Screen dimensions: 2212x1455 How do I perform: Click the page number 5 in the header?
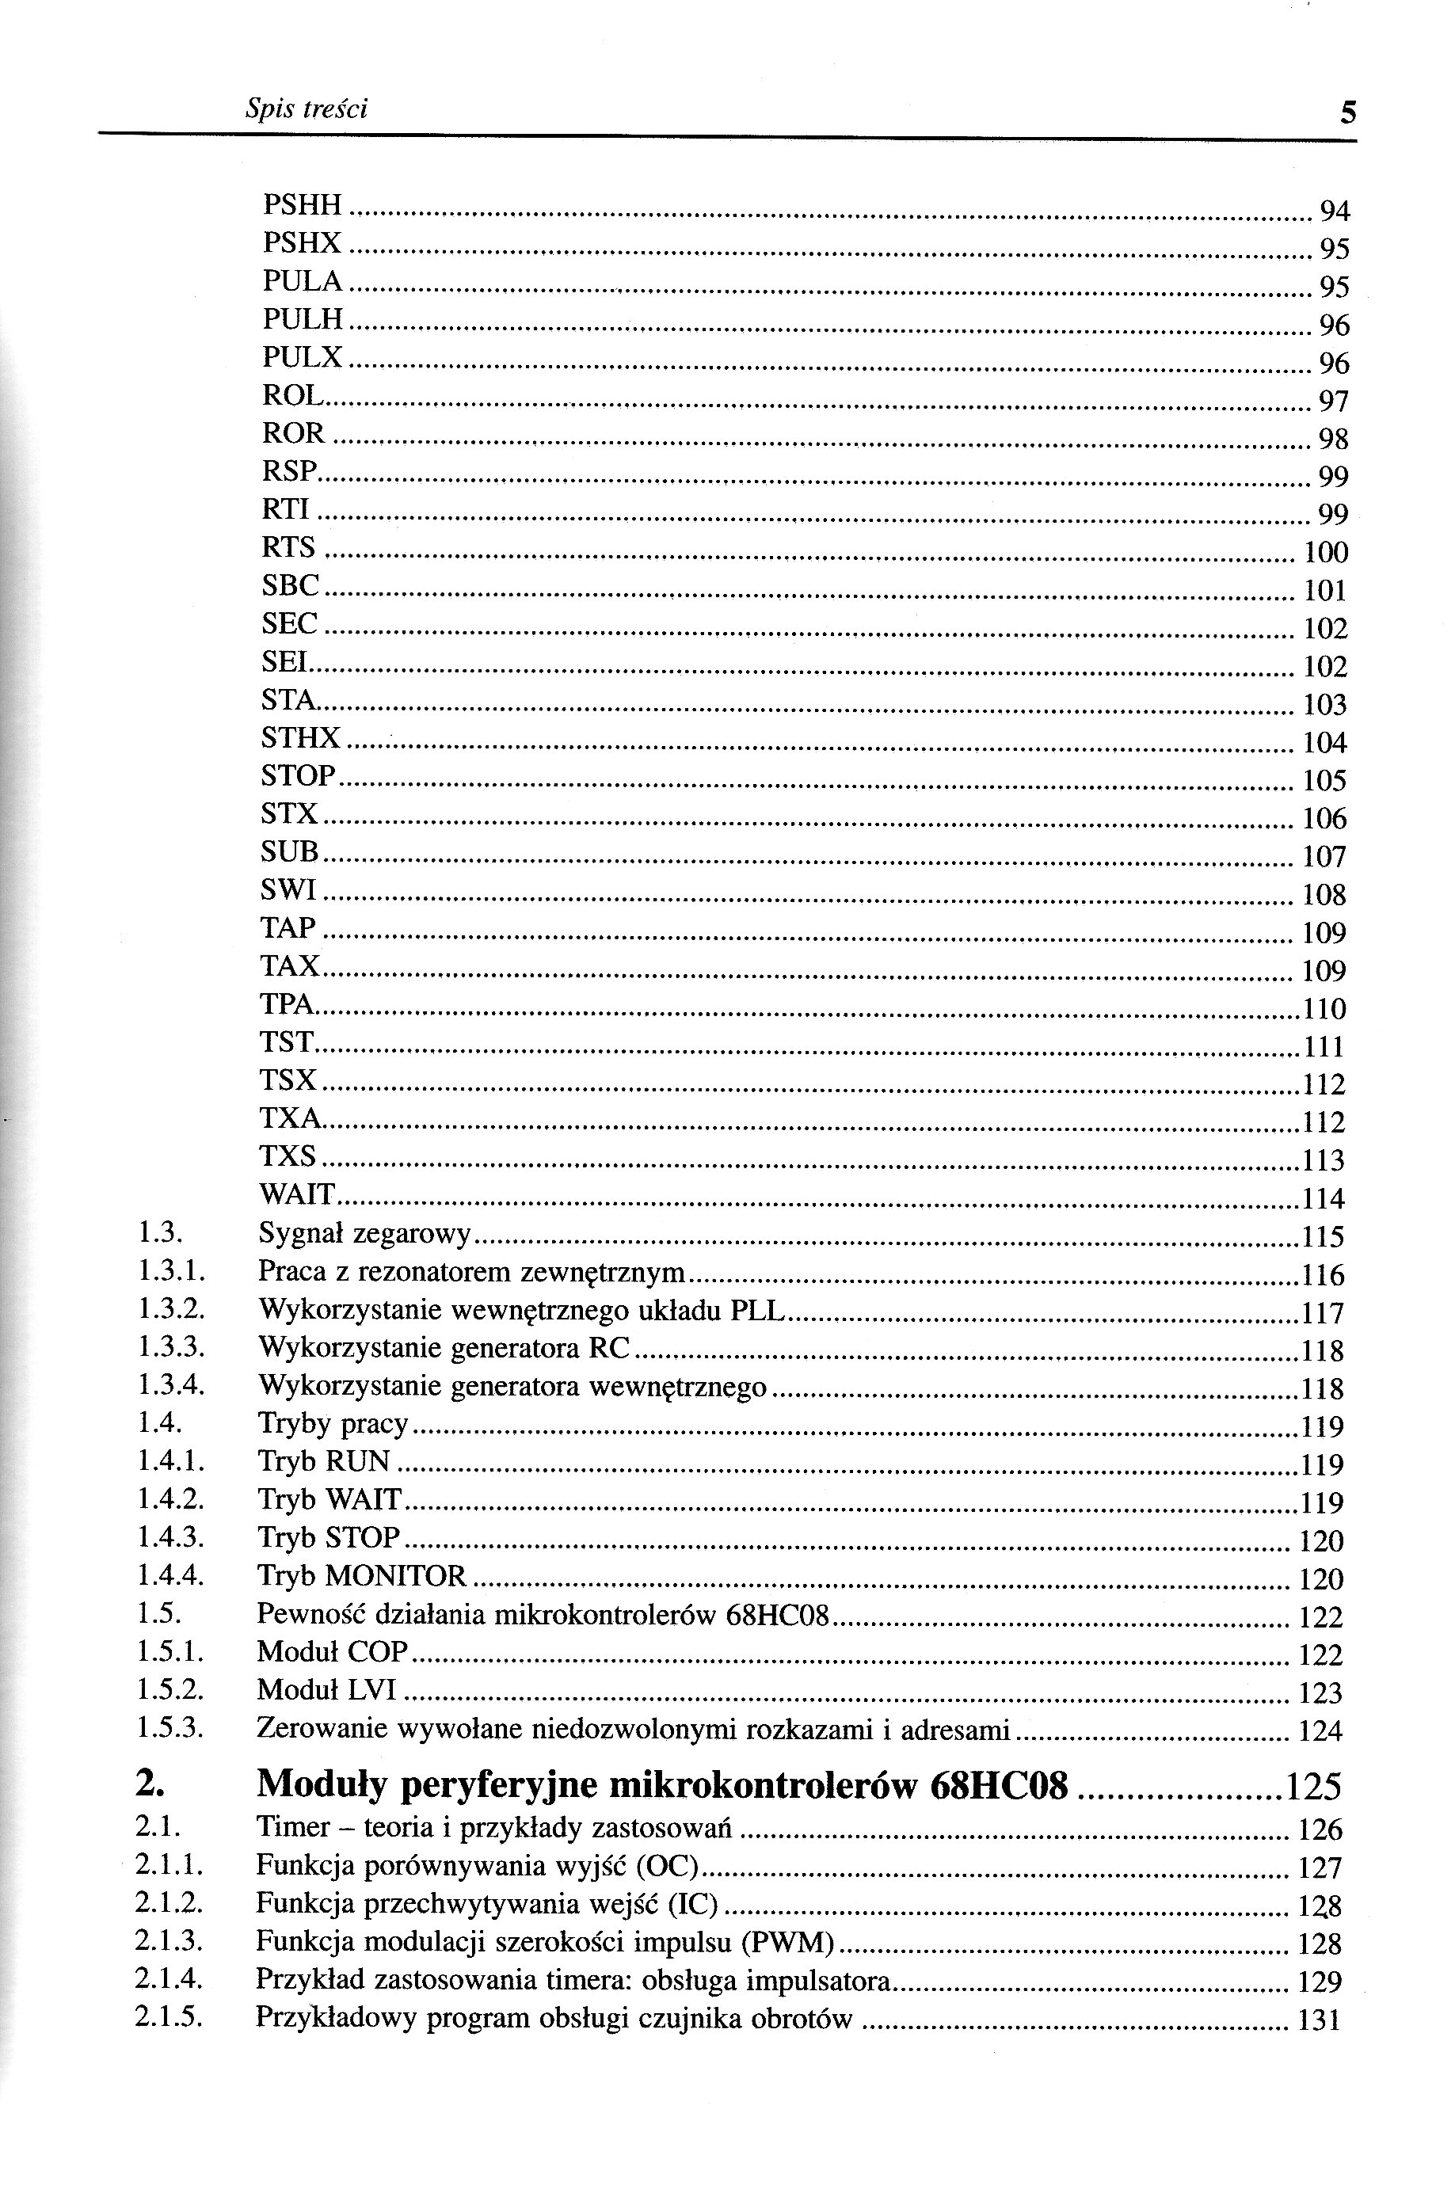1348,113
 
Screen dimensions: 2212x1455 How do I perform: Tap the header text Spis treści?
306,109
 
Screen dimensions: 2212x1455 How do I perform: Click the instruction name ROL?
292,396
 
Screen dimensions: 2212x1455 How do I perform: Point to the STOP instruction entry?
298,775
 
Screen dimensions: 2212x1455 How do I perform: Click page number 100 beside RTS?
1326,553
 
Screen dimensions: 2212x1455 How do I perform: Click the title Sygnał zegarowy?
364,1234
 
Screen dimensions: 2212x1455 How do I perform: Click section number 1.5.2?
169,1689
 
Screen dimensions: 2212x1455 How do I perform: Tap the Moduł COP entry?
332,1651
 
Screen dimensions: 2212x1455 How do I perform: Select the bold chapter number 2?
150,1784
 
